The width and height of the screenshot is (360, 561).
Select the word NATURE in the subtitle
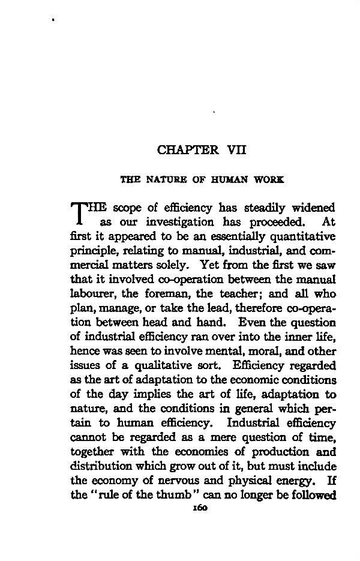point(159,179)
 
